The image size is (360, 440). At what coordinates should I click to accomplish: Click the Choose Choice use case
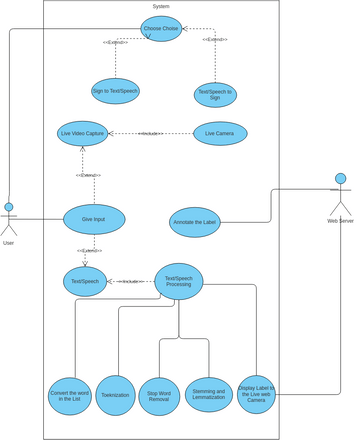click(161, 29)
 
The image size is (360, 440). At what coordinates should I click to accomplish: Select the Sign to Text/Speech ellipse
click(115, 91)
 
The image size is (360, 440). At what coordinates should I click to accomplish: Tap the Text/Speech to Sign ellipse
click(215, 95)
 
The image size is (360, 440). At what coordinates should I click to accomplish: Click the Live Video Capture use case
click(83, 133)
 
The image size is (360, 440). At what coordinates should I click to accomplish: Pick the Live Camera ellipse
click(220, 133)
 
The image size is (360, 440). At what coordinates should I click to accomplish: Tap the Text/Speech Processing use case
click(179, 281)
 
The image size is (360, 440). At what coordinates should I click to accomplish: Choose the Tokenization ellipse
click(116, 395)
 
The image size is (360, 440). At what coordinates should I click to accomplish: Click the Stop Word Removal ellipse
click(159, 396)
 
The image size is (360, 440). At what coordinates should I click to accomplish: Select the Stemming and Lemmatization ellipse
click(209, 394)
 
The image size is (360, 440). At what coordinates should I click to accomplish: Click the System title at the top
click(161, 6)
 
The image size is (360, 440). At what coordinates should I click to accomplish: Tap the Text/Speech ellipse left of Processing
click(85, 281)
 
